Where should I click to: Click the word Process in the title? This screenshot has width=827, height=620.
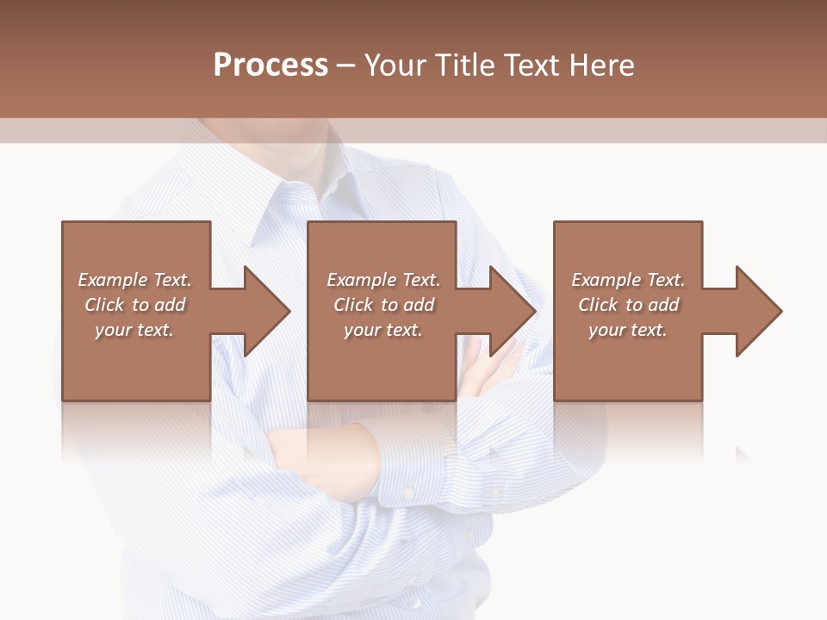click(x=270, y=65)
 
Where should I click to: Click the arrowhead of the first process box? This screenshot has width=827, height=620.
click(x=263, y=311)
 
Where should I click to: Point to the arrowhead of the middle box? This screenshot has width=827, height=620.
click(x=509, y=311)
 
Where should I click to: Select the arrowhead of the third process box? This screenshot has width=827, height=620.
click(x=755, y=311)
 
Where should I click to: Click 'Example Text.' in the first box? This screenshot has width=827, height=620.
click(x=134, y=280)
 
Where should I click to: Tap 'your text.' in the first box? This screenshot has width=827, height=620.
click(x=134, y=330)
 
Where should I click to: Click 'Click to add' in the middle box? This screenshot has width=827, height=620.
click(x=383, y=305)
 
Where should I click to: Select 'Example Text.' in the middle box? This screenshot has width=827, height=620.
click(x=383, y=280)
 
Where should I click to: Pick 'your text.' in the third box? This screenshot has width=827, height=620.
click(x=628, y=330)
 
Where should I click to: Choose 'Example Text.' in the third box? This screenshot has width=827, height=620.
click(x=628, y=280)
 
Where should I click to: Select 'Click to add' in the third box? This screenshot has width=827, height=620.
click(x=628, y=305)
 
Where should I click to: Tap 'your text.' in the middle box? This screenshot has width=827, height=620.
click(x=383, y=330)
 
